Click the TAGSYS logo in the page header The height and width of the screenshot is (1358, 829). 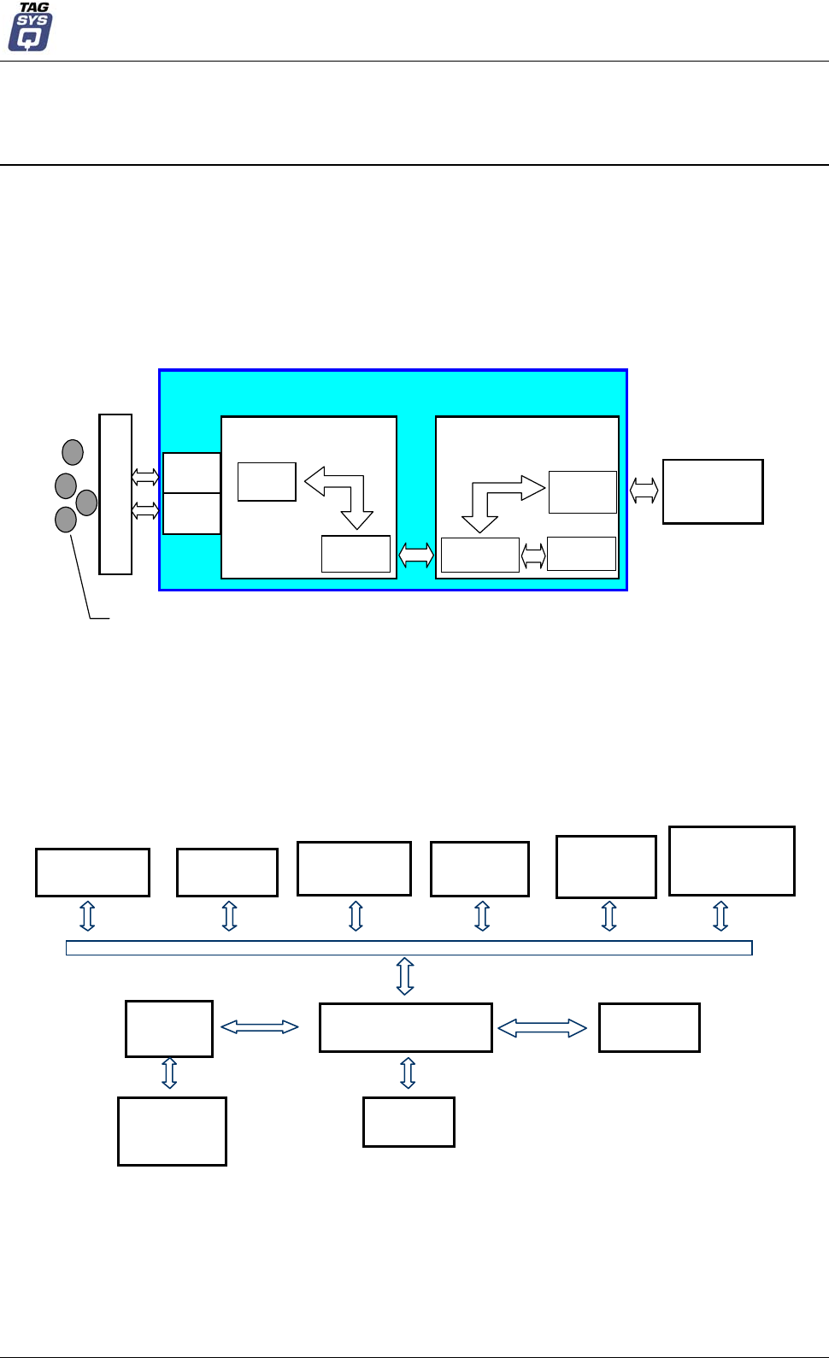[x=31, y=27]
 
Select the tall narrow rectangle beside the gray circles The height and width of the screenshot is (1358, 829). [x=115, y=494]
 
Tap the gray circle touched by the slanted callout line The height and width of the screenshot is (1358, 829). [x=66, y=519]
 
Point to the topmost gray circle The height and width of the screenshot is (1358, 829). [x=73, y=452]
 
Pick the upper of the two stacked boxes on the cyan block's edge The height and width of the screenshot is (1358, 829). [x=191, y=473]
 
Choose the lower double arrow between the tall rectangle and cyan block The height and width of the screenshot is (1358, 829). [x=145, y=511]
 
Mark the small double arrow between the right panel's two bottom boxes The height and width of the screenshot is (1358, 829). [x=533, y=556]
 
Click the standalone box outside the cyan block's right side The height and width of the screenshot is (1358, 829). [x=713, y=491]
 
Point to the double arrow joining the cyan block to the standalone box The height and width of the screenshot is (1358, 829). [x=644, y=491]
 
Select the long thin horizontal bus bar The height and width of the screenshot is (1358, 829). [x=409, y=948]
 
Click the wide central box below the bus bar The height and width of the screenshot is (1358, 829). [x=405, y=1027]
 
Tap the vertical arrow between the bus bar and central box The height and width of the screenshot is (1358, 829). [x=405, y=976]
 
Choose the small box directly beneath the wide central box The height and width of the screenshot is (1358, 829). [x=409, y=1122]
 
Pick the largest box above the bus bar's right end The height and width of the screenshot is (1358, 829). [x=732, y=861]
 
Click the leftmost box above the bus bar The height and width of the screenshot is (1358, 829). [x=92, y=872]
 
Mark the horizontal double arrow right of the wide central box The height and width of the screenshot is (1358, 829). [x=542, y=1028]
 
